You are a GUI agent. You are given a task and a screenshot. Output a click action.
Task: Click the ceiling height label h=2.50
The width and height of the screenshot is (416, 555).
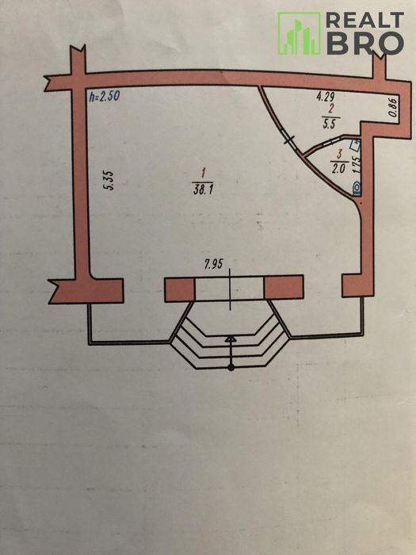pos(104,96)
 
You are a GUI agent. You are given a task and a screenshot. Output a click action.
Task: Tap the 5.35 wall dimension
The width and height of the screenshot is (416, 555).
pos(109,181)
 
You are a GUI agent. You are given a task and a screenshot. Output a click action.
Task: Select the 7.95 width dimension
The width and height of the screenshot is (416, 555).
pos(213,264)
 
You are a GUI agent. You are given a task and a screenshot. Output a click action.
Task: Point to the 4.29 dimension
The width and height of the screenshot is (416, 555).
pos(325,97)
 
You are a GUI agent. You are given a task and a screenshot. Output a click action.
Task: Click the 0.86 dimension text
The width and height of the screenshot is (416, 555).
pos(393,107)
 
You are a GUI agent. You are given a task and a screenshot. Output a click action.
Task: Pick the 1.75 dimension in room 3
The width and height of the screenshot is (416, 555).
pos(357,163)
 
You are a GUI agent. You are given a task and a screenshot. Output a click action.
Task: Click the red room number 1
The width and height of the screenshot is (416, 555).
pos(203,174)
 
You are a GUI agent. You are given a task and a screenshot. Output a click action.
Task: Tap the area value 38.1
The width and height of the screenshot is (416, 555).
pos(203,189)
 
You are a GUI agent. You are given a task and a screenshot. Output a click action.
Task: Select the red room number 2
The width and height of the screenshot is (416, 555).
pos(330,109)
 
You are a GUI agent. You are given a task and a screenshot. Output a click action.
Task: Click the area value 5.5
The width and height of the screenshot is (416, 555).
pos(329,124)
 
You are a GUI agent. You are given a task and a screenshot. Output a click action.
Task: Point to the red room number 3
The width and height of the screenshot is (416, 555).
pos(340,155)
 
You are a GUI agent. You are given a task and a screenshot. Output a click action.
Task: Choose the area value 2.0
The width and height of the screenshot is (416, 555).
pos(338,168)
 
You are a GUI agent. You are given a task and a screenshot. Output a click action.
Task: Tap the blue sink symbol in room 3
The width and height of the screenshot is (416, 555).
pos(355,144)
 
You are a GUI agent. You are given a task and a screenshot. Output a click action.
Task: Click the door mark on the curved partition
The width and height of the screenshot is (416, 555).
pos(290,140)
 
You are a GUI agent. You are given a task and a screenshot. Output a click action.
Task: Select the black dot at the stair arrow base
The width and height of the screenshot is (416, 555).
pos(231,368)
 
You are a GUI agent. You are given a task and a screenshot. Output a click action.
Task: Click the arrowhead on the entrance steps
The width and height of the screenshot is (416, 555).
pos(231,339)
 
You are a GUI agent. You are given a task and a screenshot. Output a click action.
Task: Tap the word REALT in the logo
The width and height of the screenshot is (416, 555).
pos(364,20)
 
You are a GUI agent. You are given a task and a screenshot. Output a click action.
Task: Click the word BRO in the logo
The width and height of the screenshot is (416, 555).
pos(364,44)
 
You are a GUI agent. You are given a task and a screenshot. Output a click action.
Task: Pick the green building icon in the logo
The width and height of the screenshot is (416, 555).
pos(299,33)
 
